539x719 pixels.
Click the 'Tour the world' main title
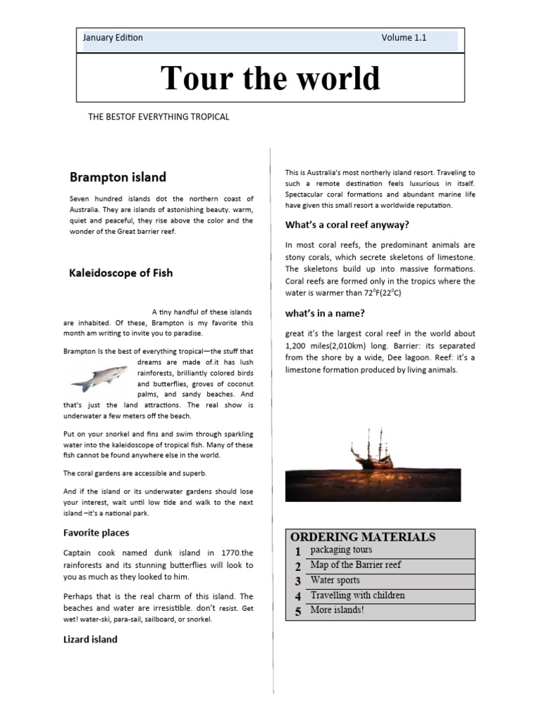[x=270, y=78]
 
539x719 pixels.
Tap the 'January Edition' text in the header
[x=112, y=38]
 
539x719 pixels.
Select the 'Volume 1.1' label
[x=404, y=38]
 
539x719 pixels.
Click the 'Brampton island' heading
[x=118, y=176]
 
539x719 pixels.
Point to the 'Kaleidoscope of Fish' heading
[x=121, y=272]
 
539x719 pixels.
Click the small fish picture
[x=99, y=377]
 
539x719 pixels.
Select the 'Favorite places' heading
[x=96, y=533]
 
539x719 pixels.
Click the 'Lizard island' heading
[x=91, y=640]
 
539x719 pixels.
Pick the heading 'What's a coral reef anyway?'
[x=347, y=225]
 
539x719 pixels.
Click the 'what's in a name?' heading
[x=325, y=313]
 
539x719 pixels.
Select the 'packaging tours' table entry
[x=341, y=550]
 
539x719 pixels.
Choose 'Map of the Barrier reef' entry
[x=355, y=565]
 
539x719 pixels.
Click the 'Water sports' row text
[x=335, y=580]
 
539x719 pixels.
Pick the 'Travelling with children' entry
[x=357, y=595]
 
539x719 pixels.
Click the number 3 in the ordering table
[x=298, y=581]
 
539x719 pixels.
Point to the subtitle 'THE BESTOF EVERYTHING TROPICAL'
[x=159, y=117]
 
